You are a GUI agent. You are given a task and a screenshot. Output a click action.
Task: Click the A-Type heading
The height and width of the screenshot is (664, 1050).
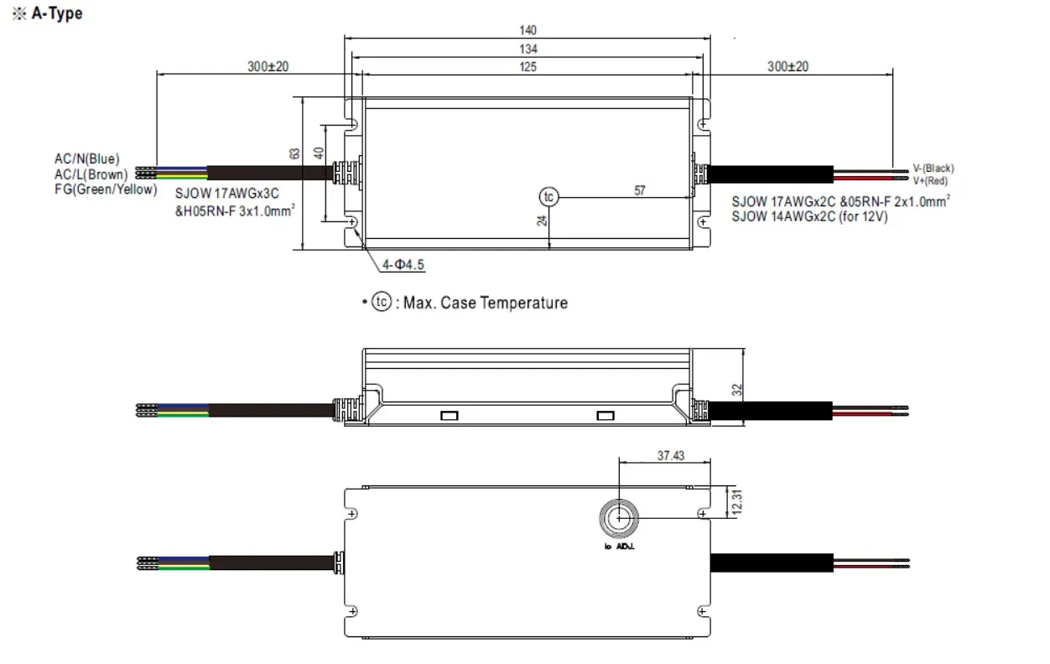click(56, 14)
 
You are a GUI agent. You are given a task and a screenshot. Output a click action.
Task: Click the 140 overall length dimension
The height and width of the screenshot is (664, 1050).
click(528, 29)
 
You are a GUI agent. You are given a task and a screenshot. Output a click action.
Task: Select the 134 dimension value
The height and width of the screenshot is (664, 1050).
click(528, 49)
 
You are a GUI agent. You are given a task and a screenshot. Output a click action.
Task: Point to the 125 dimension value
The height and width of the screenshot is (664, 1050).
click(528, 67)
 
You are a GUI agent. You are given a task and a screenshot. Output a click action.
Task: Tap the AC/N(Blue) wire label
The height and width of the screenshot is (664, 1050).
click(87, 158)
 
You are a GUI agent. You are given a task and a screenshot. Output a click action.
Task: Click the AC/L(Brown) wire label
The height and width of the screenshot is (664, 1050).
click(91, 174)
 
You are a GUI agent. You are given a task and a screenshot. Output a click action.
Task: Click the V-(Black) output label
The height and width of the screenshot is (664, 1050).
click(933, 169)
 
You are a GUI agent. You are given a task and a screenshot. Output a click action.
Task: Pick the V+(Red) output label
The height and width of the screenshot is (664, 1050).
click(932, 180)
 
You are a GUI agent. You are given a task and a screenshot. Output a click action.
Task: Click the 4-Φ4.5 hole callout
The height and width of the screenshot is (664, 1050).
click(403, 265)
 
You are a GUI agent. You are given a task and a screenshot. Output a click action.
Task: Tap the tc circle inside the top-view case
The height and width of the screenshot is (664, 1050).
click(548, 197)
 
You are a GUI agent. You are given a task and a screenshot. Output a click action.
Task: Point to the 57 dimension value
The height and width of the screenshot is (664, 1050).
click(640, 191)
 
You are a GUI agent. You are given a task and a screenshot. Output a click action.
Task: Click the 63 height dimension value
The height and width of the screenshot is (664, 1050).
click(294, 153)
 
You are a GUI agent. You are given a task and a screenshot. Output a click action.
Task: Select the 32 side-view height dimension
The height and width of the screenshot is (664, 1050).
click(737, 389)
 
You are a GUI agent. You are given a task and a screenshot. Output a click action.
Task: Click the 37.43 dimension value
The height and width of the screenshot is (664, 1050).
click(671, 456)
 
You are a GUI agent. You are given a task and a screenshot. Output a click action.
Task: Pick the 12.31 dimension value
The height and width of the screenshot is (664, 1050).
click(738, 503)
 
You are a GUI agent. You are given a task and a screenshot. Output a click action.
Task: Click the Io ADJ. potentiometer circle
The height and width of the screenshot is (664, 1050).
click(618, 519)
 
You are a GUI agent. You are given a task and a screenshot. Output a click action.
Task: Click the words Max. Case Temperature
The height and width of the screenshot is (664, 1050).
click(486, 303)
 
